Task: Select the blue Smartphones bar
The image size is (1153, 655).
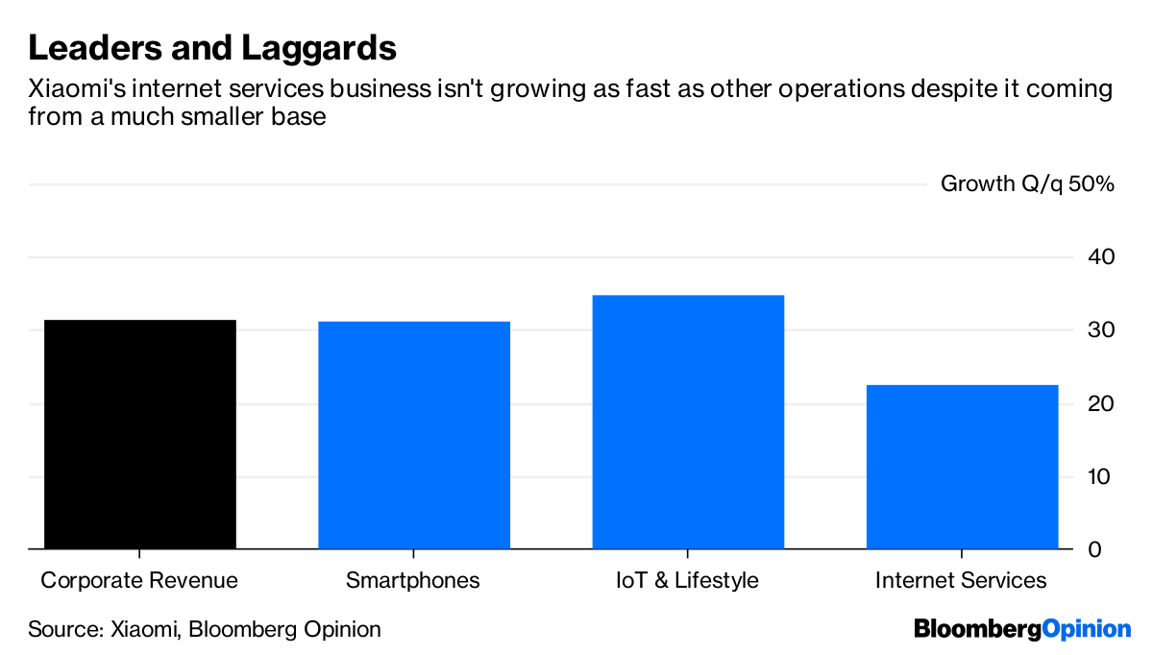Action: (413, 435)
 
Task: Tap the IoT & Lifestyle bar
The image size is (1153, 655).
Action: (688, 422)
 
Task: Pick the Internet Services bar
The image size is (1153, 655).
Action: (962, 467)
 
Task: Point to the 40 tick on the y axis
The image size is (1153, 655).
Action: (1100, 257)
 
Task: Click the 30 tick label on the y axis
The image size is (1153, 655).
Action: (1100, 330)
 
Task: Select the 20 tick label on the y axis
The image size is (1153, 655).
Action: (1100, 403)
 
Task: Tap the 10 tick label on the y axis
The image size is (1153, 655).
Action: (1100, 476)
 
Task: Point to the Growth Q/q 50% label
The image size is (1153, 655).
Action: (1026, 183)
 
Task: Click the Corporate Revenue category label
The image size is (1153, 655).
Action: (139, 580)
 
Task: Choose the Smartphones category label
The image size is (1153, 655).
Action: (413, 580)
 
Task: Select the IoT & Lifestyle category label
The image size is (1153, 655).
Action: (688, 580)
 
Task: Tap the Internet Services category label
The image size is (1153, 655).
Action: (962, 580)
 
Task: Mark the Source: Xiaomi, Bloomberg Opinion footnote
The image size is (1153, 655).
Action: (205, 630)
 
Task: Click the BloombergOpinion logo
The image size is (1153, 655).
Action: (1022, 630)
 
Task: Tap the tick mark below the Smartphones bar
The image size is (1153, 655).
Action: (413, 554)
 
